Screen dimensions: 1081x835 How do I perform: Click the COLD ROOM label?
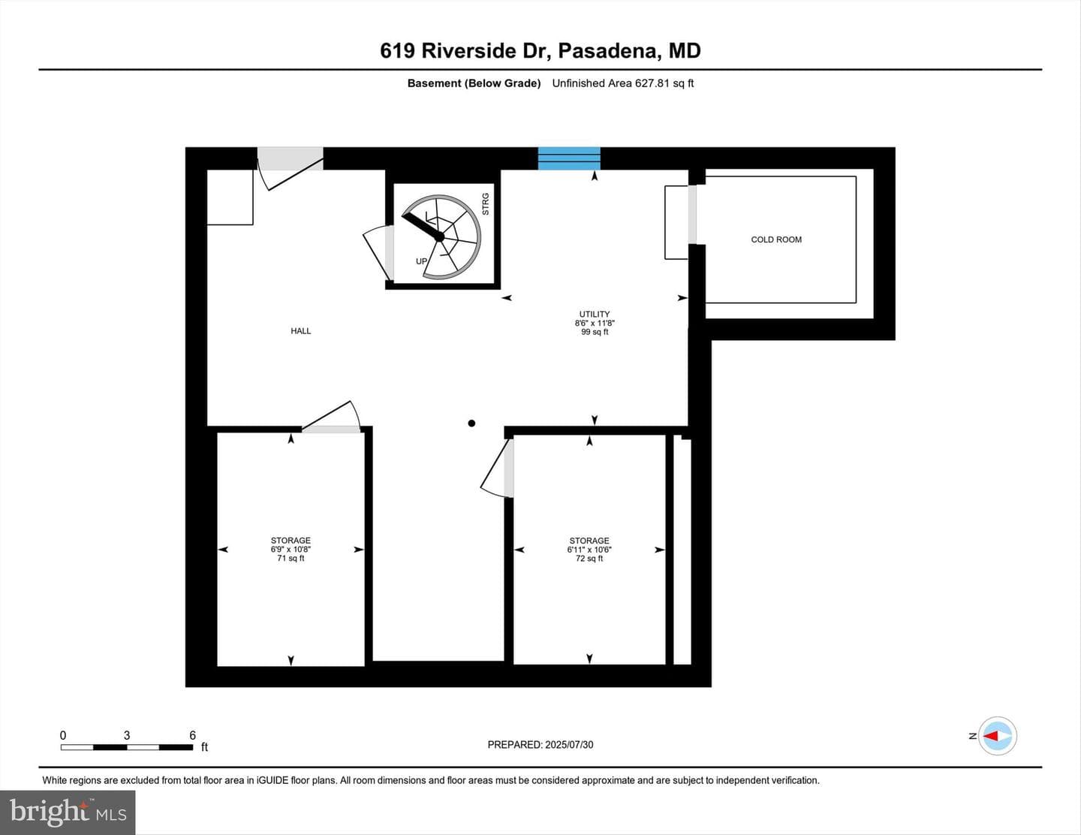pos(776,240)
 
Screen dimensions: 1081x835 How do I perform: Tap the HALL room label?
pos(300,331)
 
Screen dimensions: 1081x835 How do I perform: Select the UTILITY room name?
pos(594,314)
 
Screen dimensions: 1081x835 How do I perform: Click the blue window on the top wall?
pos(569,158)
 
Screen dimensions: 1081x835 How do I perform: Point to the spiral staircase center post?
pos(439,237)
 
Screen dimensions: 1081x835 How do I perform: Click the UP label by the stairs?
pos(421,261)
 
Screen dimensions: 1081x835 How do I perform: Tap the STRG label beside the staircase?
pos(486,204)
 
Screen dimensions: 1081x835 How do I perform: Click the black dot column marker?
pos(471,424)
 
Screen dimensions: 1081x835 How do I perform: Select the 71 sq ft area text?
pos(291,559)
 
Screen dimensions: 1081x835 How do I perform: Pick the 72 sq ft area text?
pos(589,559)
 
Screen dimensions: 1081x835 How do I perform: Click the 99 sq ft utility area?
pos(595,332)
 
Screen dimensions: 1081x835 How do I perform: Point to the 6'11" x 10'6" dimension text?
pos(589,550)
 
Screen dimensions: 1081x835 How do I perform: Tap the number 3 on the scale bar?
pos(127,735)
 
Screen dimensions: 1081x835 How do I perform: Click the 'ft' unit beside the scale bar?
pos(204,747)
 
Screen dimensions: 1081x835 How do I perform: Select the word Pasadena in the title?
pos(610,51)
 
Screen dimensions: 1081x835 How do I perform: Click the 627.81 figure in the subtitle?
pos(652,83)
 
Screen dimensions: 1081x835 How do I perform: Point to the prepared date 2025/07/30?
pos(569,745)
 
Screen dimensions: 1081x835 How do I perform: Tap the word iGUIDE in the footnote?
pos(273,780)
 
